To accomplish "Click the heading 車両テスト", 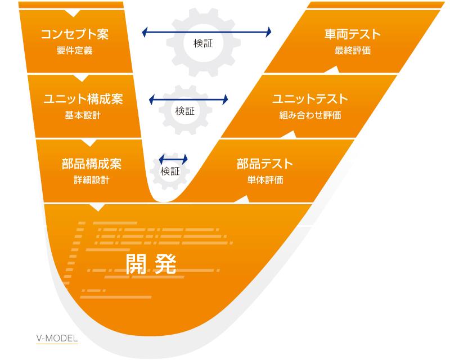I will pos(353,34).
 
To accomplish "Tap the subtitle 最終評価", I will pos(353,51).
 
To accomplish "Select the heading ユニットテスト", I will pos(310,99).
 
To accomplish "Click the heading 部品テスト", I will pos(265,164).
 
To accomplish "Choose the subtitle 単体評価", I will pos(265,181).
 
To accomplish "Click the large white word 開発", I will pos(151,264).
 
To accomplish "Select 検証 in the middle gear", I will pos(184,111).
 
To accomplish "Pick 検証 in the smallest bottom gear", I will pos(170,172).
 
